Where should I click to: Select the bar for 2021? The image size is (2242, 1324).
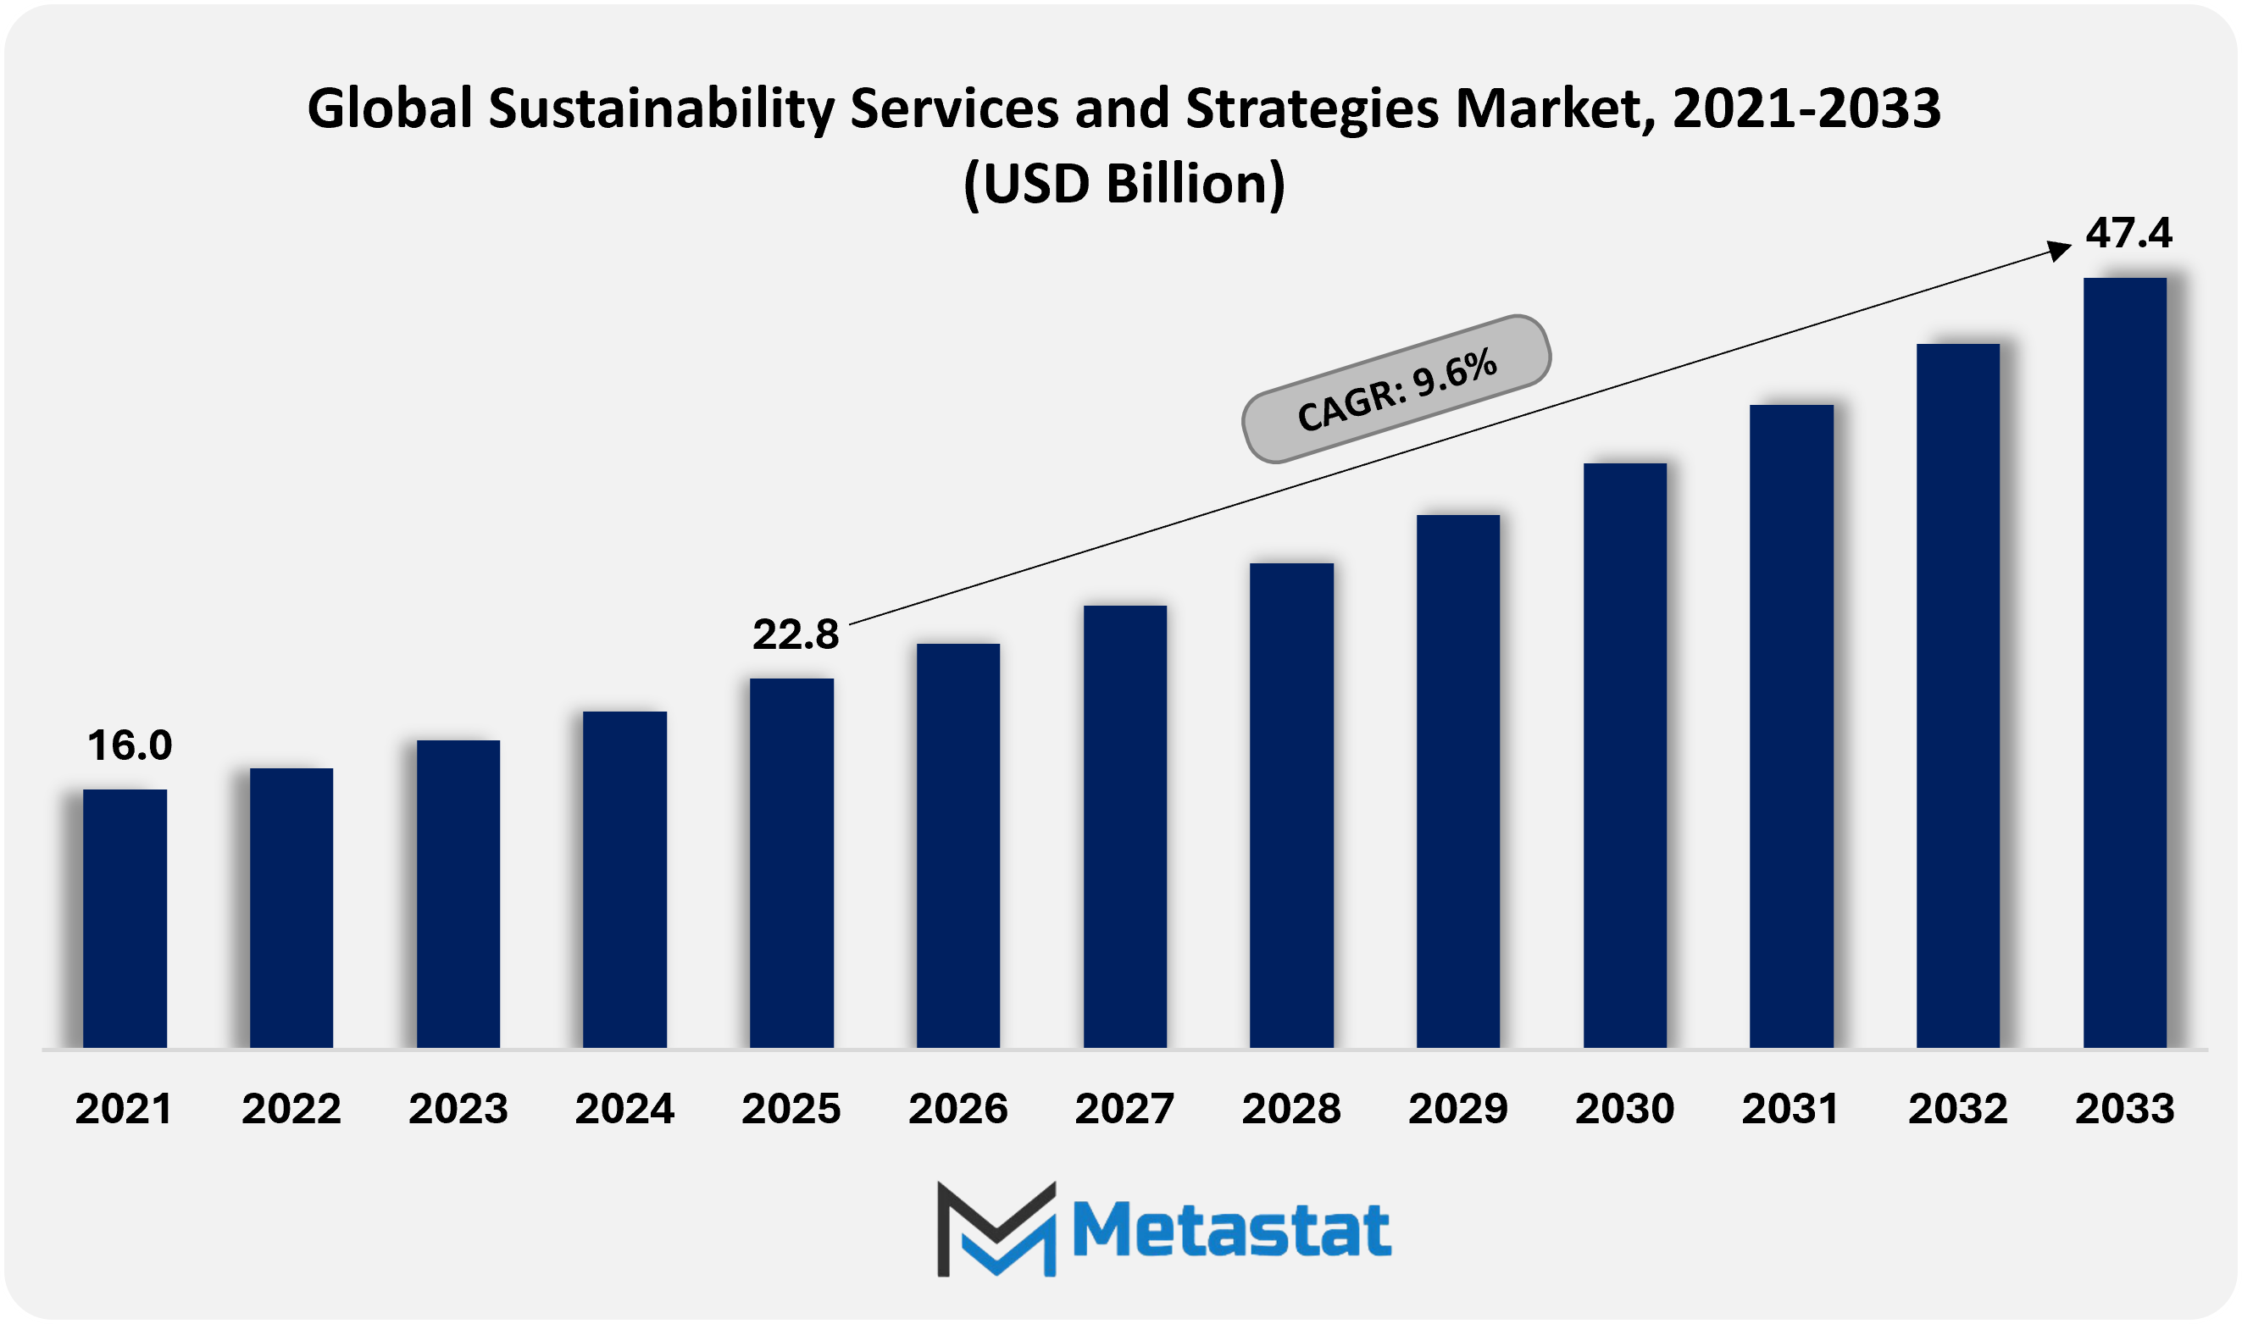[x=125, y=918]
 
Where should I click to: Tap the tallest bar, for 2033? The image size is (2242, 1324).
[x=2124, y=663]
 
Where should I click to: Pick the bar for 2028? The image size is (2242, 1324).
[x=1291, y=805]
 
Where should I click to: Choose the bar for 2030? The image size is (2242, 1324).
[x=1624, y=755]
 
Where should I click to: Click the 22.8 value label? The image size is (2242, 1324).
[x=795, y=634]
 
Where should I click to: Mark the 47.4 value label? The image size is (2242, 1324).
[x=2128, y=233]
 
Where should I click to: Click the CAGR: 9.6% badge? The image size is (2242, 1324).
[x=1396, y=389]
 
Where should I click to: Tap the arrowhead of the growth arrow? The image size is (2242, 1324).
[x=2058, y=250]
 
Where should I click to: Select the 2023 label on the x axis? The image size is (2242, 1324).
[x=458, y=1109]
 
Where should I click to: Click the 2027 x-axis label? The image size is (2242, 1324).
[x=1124, y=1109]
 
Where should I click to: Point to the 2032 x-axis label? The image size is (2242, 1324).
[x=1957, y=1109]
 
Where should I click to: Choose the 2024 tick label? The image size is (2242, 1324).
[x=624, y=1109]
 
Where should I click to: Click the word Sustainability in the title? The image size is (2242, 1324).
[x=661, y=108]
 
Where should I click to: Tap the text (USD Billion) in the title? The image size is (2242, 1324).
[x=1124, y=184]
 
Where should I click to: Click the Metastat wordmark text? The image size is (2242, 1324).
[x=1231, y=1231]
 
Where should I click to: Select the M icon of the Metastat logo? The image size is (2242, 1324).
[x=996, y=1228]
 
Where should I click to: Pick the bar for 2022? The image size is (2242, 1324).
[x=291, y=907]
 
